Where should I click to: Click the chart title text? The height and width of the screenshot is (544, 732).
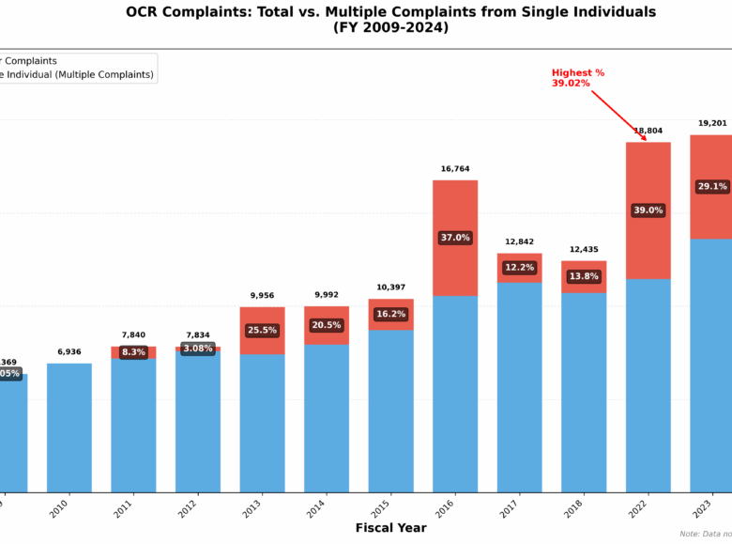pos(390,20)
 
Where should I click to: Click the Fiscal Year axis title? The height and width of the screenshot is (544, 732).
pos(390,528)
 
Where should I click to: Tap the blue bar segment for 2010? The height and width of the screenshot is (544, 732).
pos(69,427)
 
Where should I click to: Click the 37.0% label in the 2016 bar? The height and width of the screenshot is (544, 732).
pos(455,238)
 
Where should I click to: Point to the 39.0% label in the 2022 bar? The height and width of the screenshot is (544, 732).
pos(648,210)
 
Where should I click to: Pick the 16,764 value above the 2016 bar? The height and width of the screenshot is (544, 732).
pos(455,169)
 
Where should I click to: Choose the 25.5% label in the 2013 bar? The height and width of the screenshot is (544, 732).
pos(262,331)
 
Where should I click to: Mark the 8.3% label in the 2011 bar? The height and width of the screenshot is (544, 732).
pos(133,352)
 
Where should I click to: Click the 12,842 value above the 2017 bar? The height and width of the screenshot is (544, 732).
pos(519,242)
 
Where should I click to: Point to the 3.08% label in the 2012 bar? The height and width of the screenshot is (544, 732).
pos(197,349)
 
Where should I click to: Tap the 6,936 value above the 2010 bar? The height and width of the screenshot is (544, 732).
pos(69,352)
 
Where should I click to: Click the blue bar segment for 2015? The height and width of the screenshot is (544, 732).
pos(390,411)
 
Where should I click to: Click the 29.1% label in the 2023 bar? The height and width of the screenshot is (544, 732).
pos(712,187)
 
